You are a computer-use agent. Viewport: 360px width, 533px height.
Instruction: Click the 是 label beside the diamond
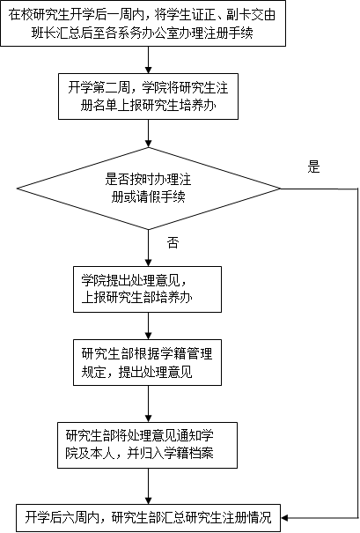314,167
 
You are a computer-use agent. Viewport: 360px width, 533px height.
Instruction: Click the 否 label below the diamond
173,242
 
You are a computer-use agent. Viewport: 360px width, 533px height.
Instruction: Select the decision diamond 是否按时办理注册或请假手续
149,189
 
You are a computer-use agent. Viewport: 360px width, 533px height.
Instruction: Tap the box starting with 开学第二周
148,96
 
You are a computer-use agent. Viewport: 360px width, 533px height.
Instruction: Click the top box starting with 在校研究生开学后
143,23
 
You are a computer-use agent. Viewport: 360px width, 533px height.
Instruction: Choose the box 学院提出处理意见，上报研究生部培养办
147,289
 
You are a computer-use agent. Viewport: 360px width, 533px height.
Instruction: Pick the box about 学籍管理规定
147,362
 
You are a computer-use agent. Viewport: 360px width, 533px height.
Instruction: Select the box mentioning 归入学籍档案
147,445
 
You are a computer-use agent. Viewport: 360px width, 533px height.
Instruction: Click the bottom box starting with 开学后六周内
149,518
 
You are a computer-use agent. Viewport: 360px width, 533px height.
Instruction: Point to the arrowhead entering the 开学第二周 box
149,70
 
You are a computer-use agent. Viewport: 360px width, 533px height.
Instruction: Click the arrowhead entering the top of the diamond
149,143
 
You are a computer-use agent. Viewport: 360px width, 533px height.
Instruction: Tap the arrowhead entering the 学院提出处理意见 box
149,263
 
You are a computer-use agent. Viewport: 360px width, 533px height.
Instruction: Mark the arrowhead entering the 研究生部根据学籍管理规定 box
149,336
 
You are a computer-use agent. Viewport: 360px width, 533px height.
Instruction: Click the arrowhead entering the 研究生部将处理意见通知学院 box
149,418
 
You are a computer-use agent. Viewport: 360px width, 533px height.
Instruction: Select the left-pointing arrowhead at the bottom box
285,518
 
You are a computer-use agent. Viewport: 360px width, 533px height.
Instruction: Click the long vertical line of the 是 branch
357,353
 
